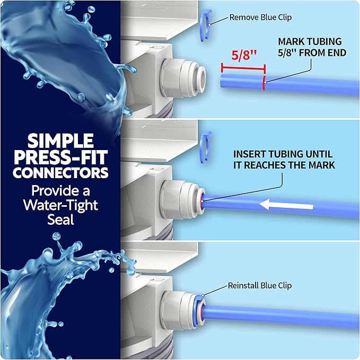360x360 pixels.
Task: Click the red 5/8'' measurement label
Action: pyautogui.click(x=243, y=55)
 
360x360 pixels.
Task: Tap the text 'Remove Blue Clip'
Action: pyautogui.click(x=260, y=17)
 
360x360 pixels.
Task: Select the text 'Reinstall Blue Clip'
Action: pyautogui.click(x=260, y=286)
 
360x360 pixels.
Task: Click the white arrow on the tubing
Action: pyautogui.click(x=286, y=205)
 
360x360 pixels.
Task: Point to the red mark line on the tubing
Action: pyautogui.click(x=264, y=82)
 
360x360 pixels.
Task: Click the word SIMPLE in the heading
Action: pyautogui.click(x=60, y=141)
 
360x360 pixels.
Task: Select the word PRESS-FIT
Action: pyautogui.click(x=60, y=157)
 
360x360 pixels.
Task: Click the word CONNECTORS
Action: pyautogui.click(x=60, y=173)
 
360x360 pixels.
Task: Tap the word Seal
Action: pyautogui.click(x=60, y=219)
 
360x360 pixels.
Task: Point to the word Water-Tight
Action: pyautogui.click(x=60, y=205)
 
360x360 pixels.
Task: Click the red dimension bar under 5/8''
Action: pyautogui.click(x=243, y=68)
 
